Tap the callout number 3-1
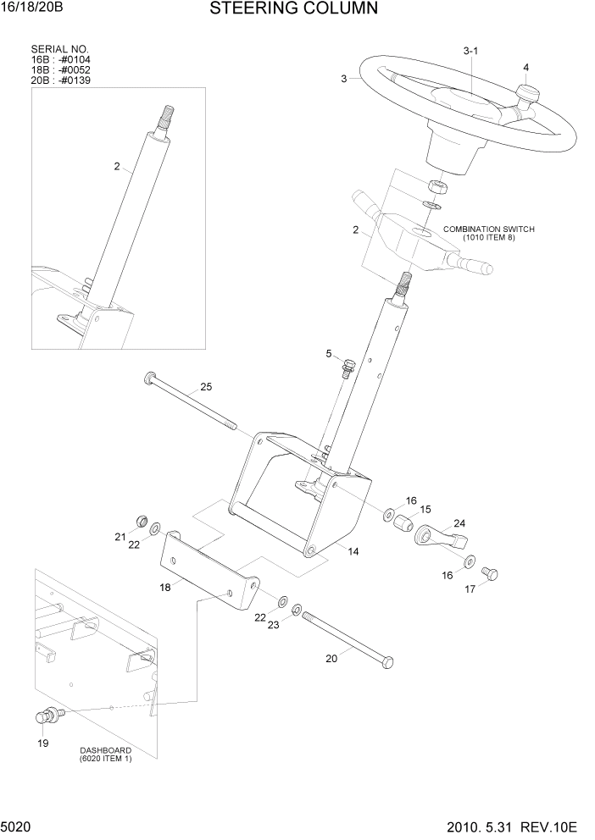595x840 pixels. pos(471,52)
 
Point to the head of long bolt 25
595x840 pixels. pos(151,377)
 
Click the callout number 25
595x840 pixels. pos(206,387)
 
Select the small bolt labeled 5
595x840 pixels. pos(348,367)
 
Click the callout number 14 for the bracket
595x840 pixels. pos(353,551)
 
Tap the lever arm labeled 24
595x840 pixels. pos(441,536)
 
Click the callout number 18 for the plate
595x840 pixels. pos(166,585)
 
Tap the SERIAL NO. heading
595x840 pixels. pos(59,49)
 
